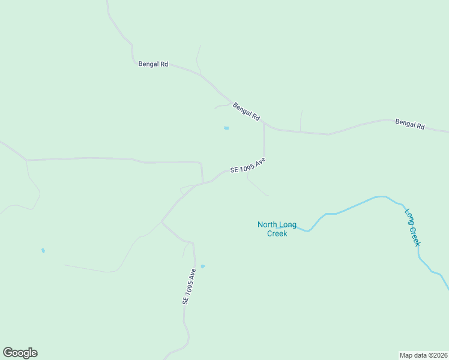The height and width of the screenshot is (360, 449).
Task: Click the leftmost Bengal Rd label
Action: coord(153,64)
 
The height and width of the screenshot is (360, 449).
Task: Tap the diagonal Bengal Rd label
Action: coord(246,110)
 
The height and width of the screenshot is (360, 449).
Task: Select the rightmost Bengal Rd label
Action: coord(410,124)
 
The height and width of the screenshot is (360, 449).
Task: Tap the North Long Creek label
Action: coord(277,229)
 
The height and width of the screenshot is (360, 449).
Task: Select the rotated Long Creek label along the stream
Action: coord(412,227)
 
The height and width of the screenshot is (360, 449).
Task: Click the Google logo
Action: coord(20,353)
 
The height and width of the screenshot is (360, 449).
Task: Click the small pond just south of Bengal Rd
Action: coord(226,128)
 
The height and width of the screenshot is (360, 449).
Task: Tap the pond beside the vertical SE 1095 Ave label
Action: coord(203,266)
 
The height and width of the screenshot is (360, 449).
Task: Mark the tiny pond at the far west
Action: coord(43,250)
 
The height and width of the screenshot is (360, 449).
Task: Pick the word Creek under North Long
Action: coord(277,233)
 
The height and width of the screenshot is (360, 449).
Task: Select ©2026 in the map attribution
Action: coord(436,355)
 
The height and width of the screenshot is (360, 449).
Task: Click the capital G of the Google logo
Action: coord(8,353)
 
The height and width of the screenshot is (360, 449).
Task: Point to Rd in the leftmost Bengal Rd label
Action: coord(164,64)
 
